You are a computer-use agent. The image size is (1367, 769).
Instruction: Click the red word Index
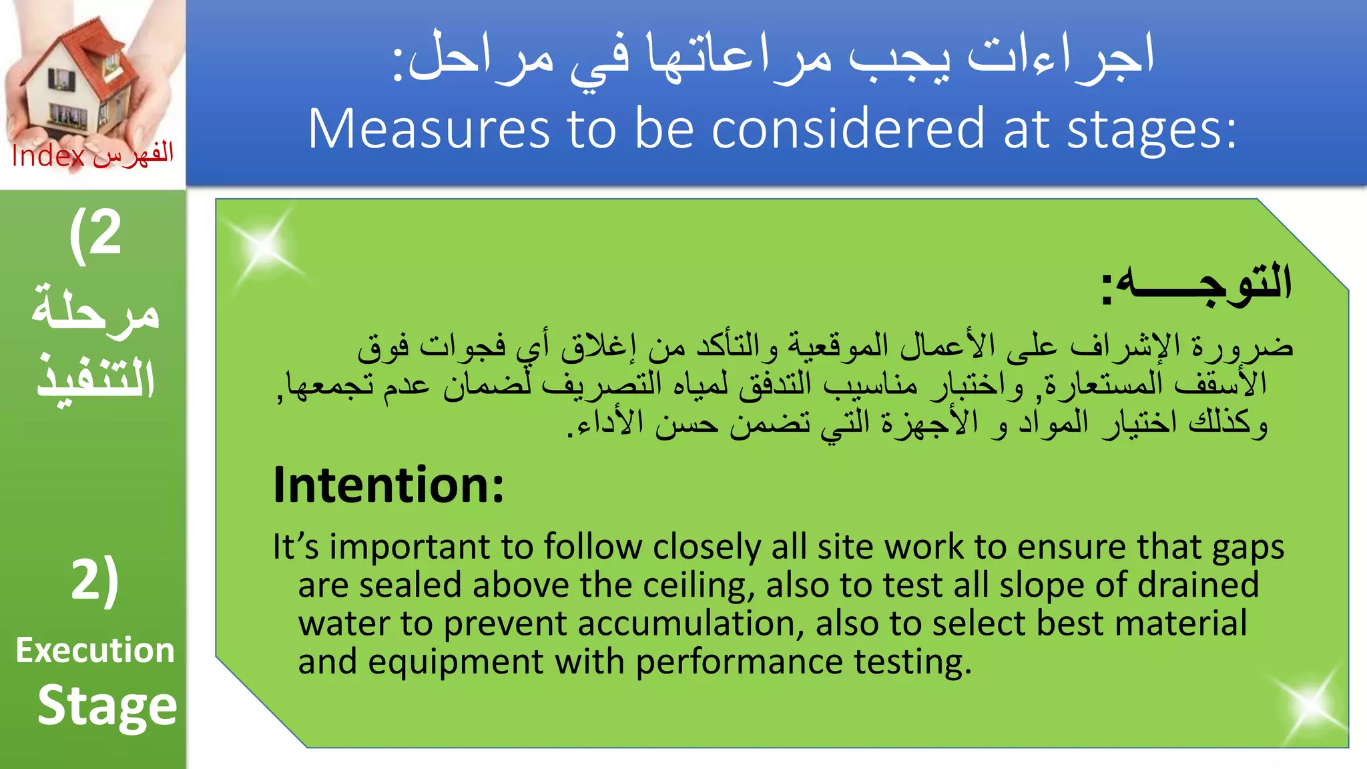(x=48, y=156)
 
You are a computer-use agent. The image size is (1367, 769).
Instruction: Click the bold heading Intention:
(x=388, y=485)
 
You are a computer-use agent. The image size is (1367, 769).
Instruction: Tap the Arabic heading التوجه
(x=1198, y=283)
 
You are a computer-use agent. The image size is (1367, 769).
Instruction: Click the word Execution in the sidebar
(x=95, y=650)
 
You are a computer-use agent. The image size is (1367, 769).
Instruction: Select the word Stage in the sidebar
(x=107, y=706)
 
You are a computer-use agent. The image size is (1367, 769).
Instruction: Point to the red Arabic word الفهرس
(x=133, y=155)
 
